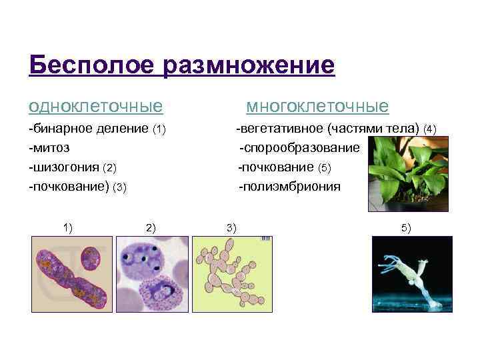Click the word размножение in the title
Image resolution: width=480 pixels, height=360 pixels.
247,65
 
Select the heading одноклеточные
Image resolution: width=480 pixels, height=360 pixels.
95,107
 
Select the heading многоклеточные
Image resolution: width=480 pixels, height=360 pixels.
317,107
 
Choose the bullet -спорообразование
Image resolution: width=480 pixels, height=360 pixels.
299,147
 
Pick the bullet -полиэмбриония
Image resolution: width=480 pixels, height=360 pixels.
290,187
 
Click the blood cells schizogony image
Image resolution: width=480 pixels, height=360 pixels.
153,273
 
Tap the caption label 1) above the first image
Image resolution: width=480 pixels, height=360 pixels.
68,227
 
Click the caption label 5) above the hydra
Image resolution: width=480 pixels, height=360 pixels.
406,228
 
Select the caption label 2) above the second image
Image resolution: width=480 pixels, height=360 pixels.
150,227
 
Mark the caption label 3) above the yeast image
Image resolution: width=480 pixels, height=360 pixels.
231,227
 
